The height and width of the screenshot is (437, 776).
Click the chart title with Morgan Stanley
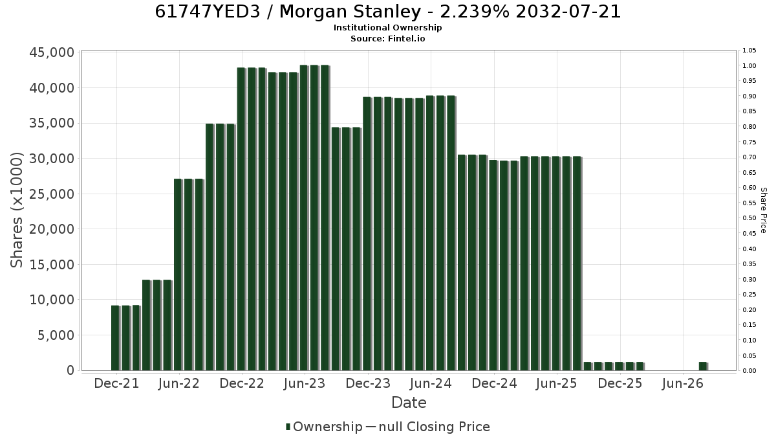pyautogui.click(x=387, y=12)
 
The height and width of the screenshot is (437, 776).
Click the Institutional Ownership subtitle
pyautogui.click(x=387, y=28)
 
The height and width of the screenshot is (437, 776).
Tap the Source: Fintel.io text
pyautogui.click(x=387, y=38)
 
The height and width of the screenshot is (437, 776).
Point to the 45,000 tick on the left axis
pyautogui.click(x=52, y=52)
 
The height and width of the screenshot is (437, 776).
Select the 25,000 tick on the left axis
pyautogui.click(x=52, y=194)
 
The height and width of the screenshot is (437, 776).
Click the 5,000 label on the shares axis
pyautogui.click(x=56, y=335)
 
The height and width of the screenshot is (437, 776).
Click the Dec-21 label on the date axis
pyautogui.click(x=116, y=383)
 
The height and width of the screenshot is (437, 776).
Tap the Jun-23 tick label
pyautogui.click(x=305, y=383)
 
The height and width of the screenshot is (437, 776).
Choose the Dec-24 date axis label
pyautogui.click(x=494, y=383)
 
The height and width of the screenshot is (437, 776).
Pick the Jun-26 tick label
pyautogui.click(x=683, y=383)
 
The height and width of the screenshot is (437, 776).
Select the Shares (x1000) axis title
pyautogui.click(x=16, y=210)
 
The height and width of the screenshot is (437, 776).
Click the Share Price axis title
pyautogui.click(x=764, y=210)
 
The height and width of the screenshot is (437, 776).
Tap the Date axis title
pyautogui.click(x=409, y=403)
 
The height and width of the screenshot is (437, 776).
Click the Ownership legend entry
pyautogui.click(x=324, y=427)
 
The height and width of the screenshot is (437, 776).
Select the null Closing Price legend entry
pyautogui.click(x=428, y=427)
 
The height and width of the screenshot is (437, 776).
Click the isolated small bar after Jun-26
pyautogui.click(x=704, y=366)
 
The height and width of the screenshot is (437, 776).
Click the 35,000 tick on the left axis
pyautogui.click(x=52, y=124)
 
